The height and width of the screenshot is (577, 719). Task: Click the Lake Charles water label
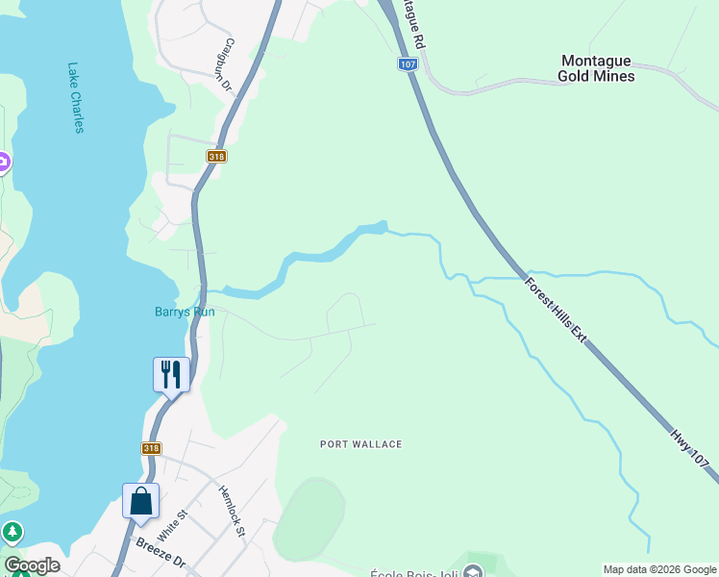[x=76, y=97]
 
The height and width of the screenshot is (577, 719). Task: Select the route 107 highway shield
[x=408, y=64]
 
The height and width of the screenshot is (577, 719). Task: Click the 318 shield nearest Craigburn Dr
[x=215, y=156]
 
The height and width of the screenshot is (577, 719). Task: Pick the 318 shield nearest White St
[x=151, y=448]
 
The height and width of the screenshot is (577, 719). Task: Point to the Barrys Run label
[x=185, y=312]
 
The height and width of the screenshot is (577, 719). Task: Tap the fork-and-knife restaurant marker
[x=171, y=374]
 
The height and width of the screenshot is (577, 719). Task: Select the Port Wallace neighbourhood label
[x=360, y=444]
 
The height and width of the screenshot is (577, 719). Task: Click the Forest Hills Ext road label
[x=556, y=314]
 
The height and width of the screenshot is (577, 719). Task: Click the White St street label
[x=170, y=527]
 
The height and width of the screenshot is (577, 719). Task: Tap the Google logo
[x=32, y=565]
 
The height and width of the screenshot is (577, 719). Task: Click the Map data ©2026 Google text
[x=659, y=569]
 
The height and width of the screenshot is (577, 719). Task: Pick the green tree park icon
[x=12, y=531]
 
